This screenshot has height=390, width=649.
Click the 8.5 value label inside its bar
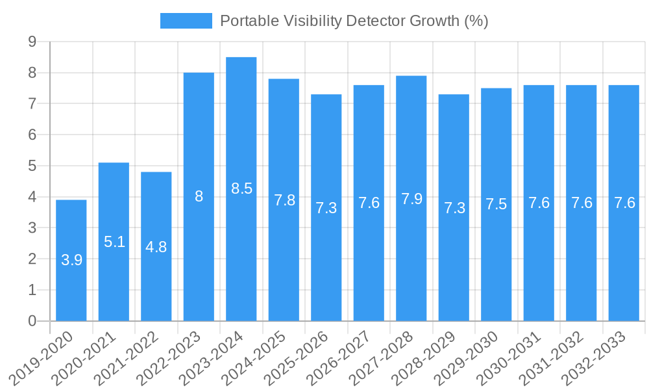point(241,189)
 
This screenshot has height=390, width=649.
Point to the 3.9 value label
point(71,261)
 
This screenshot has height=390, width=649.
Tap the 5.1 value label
point(114,242)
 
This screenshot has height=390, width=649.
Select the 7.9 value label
point(411,199)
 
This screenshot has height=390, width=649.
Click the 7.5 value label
point(496,205)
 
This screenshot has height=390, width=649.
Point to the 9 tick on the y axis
point(32,42)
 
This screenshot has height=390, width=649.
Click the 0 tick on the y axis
point(32,321)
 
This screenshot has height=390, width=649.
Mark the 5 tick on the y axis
point(32,166)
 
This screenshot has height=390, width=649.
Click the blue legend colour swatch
point(186,21)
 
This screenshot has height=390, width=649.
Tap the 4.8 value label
point(156,247)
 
